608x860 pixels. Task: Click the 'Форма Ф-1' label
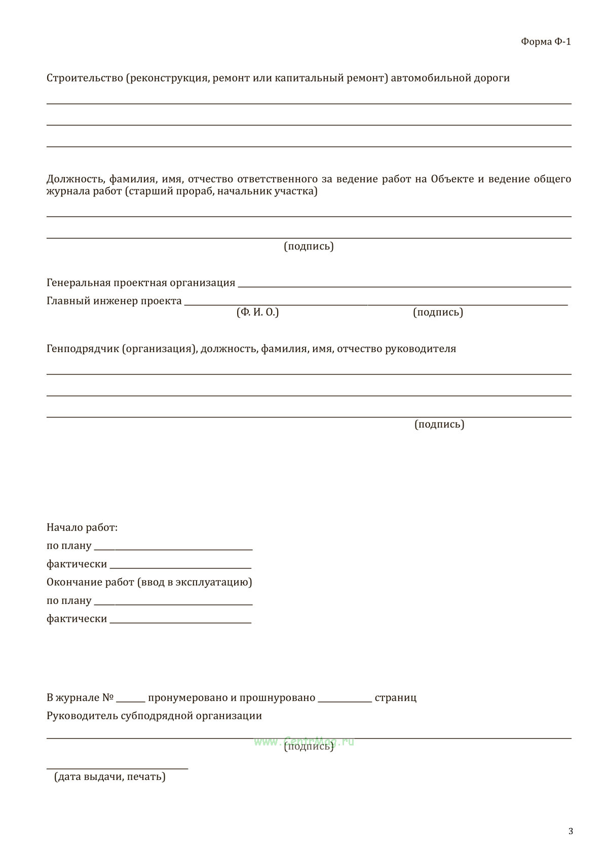546,42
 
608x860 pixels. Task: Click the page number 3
571,831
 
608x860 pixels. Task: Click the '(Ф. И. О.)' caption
257,312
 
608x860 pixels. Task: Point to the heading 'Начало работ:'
82,528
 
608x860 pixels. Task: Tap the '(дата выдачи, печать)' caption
110,776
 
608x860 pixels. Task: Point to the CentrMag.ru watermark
304,741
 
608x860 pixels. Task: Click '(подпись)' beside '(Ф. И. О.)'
438,312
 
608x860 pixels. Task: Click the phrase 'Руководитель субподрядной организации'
154,716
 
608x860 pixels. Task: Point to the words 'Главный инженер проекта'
114,301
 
